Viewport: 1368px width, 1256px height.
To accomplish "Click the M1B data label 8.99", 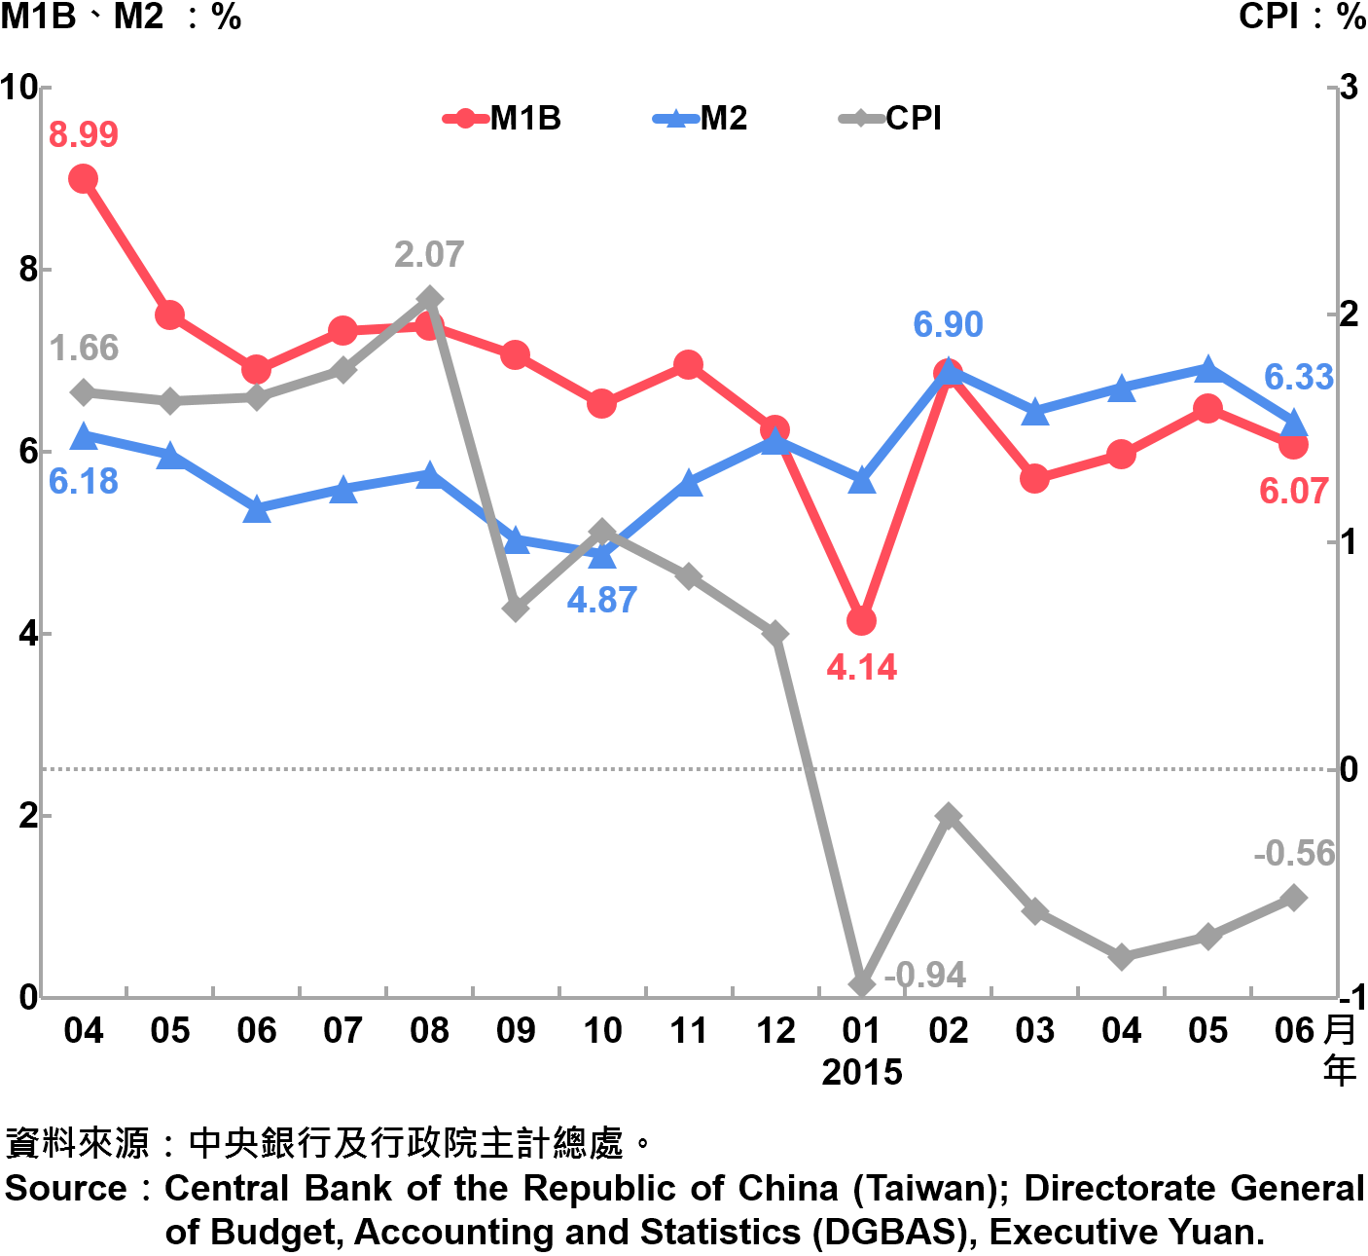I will pyautogui.click(x=84, y=134).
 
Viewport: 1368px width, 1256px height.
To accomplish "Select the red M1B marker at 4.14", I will pyautogui.click(x=861, y=620).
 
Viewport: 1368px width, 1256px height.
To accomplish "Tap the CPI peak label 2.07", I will pyautogui.click(x=429, y=255).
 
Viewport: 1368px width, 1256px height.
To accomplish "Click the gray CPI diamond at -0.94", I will pyautogui.click(x=861, y=984).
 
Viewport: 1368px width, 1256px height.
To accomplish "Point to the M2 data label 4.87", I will pyautogui.click(x=602, y=600).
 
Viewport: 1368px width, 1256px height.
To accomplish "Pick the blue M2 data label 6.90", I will pyautogui.click(x=948, y=324).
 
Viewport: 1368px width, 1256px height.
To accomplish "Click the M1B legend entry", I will pyautogui.click(x=502, y=119).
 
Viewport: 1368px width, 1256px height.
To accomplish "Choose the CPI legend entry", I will pyautogui.click(x=890, y=119).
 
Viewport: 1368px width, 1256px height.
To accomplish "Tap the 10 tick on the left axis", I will pyautogui.click(x=18, y=88).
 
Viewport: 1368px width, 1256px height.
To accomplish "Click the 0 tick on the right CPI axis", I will pyautogui.click(x=1349, y=769).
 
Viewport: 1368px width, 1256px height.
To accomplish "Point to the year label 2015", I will pyautogui.click(x=861, y=1072).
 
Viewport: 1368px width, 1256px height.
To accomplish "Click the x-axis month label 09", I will pyautogui.click(x=516, y=1030).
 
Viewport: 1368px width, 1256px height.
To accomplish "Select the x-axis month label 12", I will pyautogui.click(x=775, y=1030).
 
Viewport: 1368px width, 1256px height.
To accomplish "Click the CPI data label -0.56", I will pyautogui.click(x=1293, y=854).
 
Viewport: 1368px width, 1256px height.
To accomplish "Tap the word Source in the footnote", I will pyautogui.click(x=66, y=1189).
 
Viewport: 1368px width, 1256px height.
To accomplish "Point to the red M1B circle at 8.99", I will pyautogui.click(x=84, y=178).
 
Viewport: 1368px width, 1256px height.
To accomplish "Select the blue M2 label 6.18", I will pyautogui.click(x=84, y=481).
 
